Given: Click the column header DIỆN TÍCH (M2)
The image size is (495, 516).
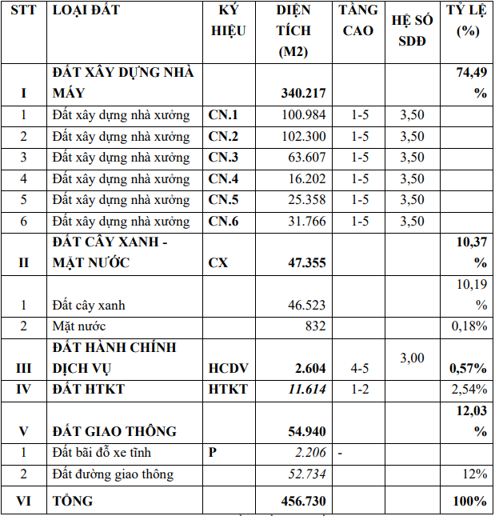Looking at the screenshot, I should [293, 32].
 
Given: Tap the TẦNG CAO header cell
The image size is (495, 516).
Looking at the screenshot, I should [358, 22].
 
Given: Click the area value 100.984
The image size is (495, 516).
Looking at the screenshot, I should [303, 114].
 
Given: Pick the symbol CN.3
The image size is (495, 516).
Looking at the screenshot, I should [223, 157].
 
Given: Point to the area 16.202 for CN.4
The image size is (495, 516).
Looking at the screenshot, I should [303, 178].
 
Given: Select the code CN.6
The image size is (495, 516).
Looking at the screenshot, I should [223, 222].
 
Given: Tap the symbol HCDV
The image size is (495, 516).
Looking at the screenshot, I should [228, 368].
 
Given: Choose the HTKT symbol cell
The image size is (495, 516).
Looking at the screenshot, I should [228, 390].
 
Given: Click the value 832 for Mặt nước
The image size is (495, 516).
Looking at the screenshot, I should [315, 326].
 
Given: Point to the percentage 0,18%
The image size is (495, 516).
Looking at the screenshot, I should [469, 326].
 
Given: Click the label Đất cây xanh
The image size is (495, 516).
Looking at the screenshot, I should [89, 305].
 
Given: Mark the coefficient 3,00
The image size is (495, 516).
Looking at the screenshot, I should [412, 358].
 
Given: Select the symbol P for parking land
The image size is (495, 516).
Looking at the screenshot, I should [213, 453].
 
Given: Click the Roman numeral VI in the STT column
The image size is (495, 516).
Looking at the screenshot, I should [23, 501].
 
